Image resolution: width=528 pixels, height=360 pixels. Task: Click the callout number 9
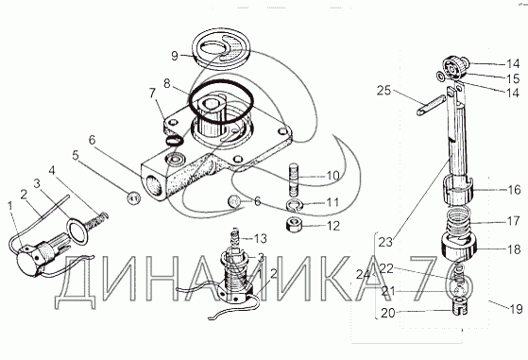pyautogui.click(x=175, y=56)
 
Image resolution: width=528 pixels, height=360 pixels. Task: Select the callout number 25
pyautogui.click(x=383, y=91)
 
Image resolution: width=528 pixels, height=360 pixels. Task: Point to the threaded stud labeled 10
pyautogui.click(x=294, y=180)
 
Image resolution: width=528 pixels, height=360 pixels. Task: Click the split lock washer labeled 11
pyautogui.click(x=295, y=205)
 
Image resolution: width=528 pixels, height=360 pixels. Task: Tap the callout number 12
pyautogui.click(x=333, y=226)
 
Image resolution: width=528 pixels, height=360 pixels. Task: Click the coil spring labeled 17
pyautogui.click(x=459, y=221)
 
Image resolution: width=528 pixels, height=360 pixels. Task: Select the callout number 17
pyautogui.click(x=513, y=221)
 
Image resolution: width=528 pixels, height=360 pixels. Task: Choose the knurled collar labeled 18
pyautogui.click(x=459, y=249)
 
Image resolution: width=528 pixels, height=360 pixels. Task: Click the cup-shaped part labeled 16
pyautogui.click(x=458, y=191)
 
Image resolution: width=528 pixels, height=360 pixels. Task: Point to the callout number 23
pyautogui.click(x=385, y=243)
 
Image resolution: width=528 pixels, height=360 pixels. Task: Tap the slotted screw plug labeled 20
pyautogui.click(x=459, y=305)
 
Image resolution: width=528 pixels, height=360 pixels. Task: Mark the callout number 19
pyautogui.click(x=516, y=309)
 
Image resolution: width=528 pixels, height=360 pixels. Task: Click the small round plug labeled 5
pyautogui.click(x=133, y=198)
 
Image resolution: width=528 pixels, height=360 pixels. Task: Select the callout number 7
pyautogui.click(x=152, y=94)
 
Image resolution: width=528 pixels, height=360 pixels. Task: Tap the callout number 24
pyautogui.click(x=363, y=275)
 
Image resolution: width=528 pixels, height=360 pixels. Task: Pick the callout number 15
pyautogui.click(x=513, y=78)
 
